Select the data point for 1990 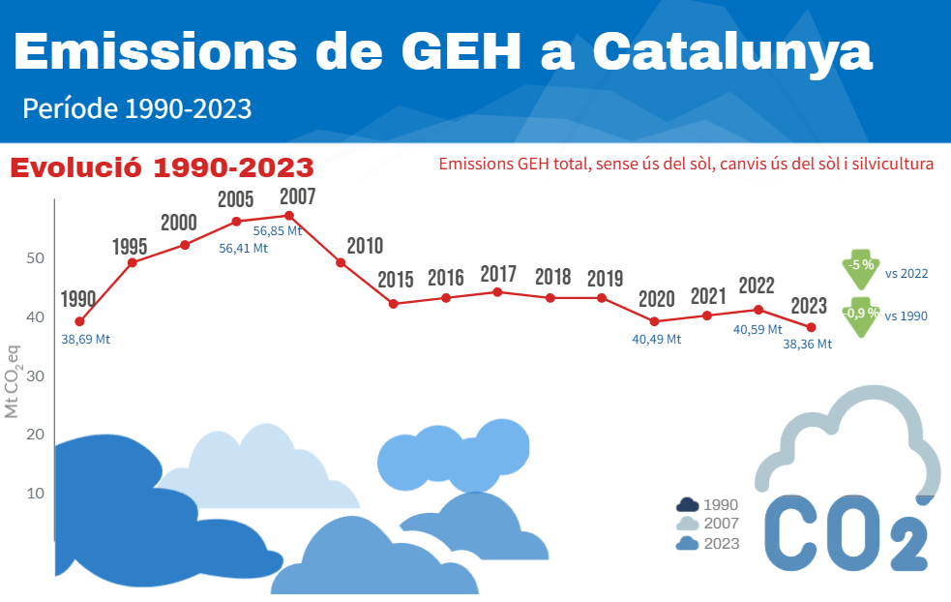coord(79,321)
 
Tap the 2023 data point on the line coord(812,327)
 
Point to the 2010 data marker coord(341,262)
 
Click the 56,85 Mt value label coord(278,231)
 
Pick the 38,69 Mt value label coord(86,340)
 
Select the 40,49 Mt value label coord(657,340)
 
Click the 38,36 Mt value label coord(807,344)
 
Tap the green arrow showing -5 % coord(860,270)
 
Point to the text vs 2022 coord(906,274)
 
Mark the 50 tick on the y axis coord(36,258)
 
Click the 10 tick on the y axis coord(36,494)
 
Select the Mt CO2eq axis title coord(13,378)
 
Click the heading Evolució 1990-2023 coord(163,167)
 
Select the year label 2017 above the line coord(498,274)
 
